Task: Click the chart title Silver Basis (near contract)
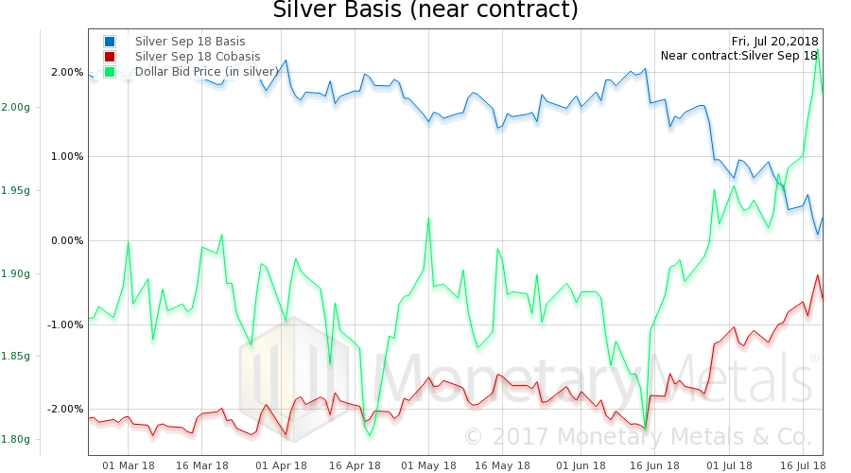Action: [x=425, y=10]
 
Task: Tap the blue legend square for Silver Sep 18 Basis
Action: [x=110, y=42]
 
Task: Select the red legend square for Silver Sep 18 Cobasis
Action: [x=110, y=57]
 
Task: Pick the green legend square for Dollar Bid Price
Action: [x=110, y=72]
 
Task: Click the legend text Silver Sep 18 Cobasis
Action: [x=198, y=57]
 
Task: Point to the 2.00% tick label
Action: [x=67, y=73]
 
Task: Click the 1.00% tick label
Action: [x=67, y=157]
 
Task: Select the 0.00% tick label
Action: [x=67, y=241]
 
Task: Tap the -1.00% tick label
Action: [x=66, y=325]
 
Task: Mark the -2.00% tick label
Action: [x=66, y=410]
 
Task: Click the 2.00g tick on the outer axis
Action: [x=15, y=107]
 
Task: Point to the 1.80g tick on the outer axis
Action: [x=15, y=439]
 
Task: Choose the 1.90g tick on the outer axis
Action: [x=15, y=273]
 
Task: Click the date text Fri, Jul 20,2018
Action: [x=774, y=42]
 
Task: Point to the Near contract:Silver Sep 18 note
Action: [x=739, y=56]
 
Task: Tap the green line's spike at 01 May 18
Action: [x=428, y=219]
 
